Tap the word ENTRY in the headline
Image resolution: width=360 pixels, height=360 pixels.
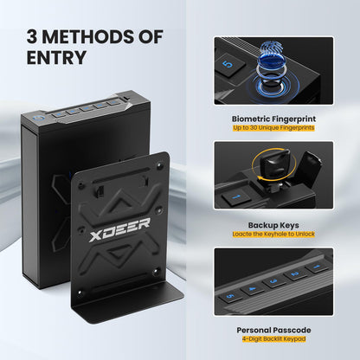point(56,57)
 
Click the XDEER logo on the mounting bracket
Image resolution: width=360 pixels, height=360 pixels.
point(119,229)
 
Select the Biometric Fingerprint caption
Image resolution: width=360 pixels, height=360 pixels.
point(273,119)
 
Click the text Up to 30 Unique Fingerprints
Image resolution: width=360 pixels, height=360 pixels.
point(273,128)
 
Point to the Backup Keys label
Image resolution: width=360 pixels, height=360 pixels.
point(273,225)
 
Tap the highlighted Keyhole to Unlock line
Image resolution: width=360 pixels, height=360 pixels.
point(273,234)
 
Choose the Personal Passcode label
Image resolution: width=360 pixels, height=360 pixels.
point(273,330)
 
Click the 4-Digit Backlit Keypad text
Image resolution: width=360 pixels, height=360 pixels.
point(273,339)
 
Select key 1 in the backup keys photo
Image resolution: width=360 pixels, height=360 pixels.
point(236,197)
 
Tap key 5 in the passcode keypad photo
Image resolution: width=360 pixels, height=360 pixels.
point(230,296)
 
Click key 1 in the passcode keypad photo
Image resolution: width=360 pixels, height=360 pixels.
point(317,267)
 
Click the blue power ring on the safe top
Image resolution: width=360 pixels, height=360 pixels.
point(38,118)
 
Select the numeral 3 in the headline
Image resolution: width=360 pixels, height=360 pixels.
point(32,37)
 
